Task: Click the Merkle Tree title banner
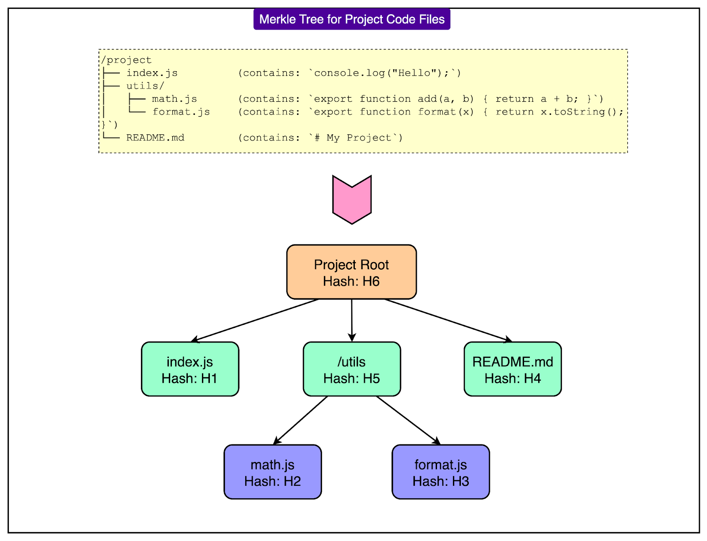pos(352,19)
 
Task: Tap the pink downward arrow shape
pos(352,200)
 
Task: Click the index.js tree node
pos(190,369)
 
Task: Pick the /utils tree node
pos(352,369)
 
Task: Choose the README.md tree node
pos(513,369)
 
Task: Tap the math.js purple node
pos(273,472)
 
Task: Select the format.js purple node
pos(441,472)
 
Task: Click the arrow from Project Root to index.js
pos(255,320)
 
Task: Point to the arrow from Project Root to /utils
pos(352,320)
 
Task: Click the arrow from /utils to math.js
pos(300,420)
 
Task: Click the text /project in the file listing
pos(126,60)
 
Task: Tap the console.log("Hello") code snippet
pos(384,73)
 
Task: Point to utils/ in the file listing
pos(145,86)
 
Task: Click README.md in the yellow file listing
pos(155,137)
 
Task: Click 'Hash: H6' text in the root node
pos(351,282)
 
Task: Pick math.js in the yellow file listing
pos(174,99)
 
